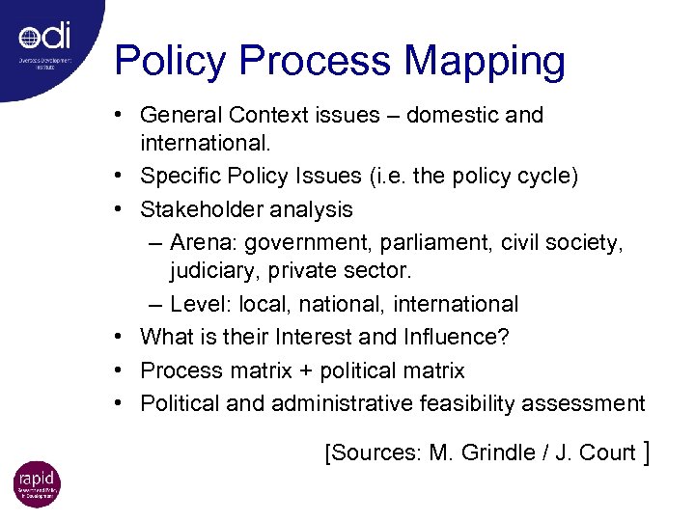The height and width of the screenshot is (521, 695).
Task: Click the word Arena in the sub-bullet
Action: click(198, 241)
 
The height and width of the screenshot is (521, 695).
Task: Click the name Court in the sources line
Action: click(608, 452)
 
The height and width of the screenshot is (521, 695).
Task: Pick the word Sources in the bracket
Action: click(374, 452)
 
